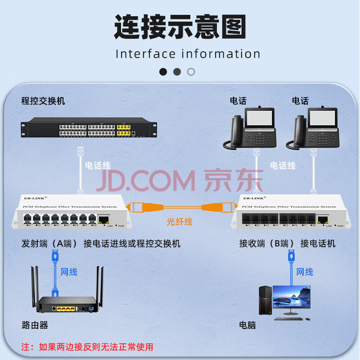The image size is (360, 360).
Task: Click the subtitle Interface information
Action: pos(188,54)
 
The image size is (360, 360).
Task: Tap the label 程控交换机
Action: pos(43,101)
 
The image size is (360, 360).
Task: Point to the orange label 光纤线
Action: pos(179,221)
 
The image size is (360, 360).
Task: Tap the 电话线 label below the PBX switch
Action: pos(98,166)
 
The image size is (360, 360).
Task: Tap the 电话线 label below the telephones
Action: pos(283,166)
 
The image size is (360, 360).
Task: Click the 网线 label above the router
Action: pos(69,271)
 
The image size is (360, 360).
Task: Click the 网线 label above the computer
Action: pos(305,271)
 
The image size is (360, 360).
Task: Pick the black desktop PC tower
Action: pos(265,300)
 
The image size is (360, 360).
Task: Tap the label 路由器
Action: pos(35,324)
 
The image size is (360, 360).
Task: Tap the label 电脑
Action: pos(247,324)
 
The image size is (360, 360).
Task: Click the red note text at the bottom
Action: pos(87,346)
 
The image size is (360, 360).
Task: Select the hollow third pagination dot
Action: pos(191,72)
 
